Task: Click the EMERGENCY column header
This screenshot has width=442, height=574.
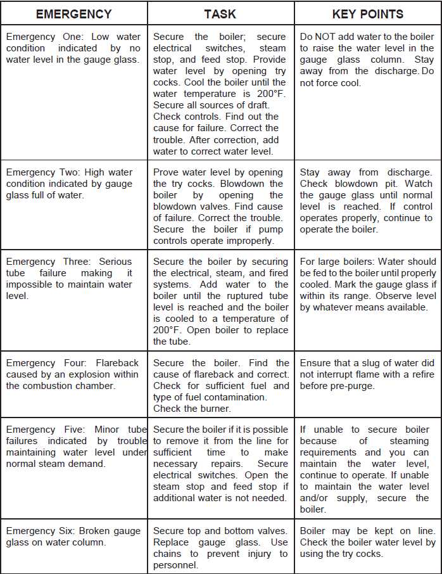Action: click(73, 14)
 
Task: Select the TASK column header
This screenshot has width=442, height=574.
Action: click(220, 14)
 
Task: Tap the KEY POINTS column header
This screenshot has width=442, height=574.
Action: click(367, 14)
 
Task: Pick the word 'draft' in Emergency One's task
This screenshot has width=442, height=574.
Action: click(255, 105)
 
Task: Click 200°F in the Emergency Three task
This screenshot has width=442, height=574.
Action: click(167, 330)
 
